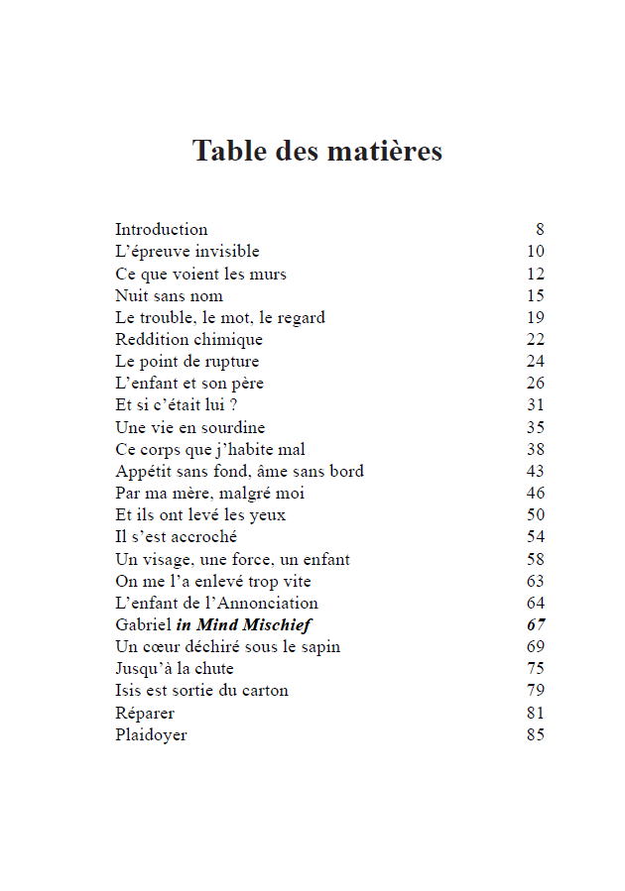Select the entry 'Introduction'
161,230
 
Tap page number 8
540,230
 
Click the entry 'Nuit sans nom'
169,296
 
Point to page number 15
536,296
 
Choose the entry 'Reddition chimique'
188,340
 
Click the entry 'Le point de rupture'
187,362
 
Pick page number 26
536,384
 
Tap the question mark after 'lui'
232,405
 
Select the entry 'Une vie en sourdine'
189,428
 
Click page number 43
536,472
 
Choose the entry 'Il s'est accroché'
176,537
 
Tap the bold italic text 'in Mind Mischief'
244,625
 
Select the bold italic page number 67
536,625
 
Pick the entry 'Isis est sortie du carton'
201,691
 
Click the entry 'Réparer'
145,714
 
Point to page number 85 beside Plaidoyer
536,735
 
